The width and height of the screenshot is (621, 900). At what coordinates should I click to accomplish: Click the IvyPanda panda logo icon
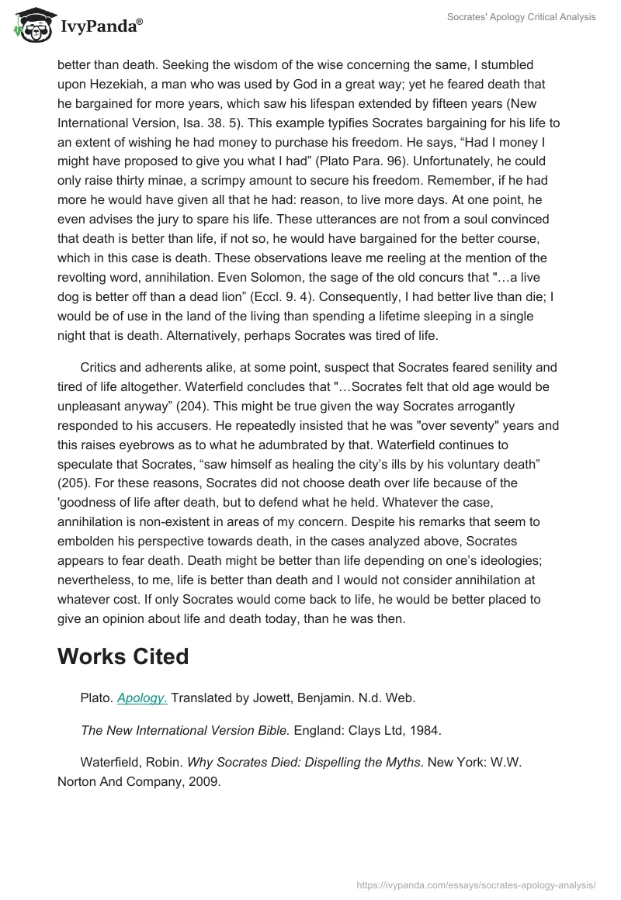pos(30,26)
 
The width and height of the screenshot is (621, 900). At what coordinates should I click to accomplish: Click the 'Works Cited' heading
pos(123,656)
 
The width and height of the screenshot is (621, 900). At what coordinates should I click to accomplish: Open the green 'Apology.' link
pos(142,697)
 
